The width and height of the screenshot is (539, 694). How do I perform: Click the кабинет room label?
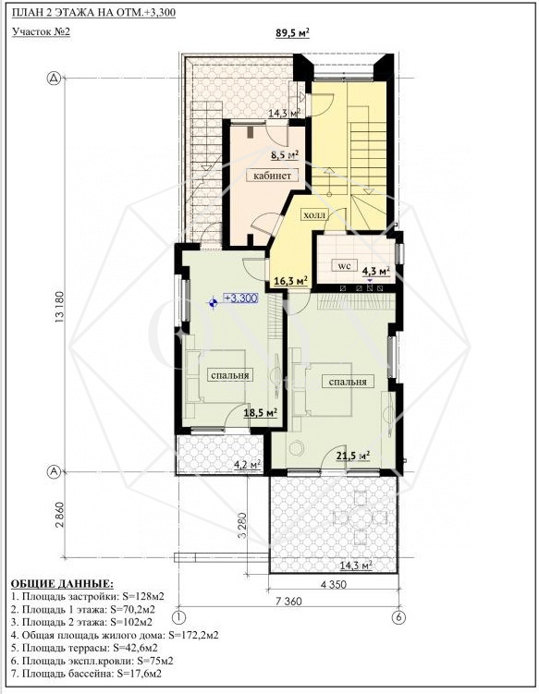tap(272, 176)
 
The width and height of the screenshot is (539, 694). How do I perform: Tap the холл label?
tap(314, 215)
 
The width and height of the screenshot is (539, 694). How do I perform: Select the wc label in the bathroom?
tap(344, 266)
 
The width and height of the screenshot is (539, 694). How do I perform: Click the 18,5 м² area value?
tap(261, 413)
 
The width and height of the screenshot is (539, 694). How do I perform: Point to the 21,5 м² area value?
tap(353, 456)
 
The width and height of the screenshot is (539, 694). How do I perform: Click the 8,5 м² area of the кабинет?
tap(285, 155)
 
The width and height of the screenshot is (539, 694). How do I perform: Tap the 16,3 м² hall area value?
tap(290, 281)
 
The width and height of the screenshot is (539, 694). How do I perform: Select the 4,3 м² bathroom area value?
tap(376, 271)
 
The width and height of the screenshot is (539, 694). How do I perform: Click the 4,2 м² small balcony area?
tap(246, 465)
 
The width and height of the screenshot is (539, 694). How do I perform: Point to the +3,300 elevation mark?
tap(240, 298)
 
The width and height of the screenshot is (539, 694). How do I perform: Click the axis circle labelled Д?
tap(54, 79)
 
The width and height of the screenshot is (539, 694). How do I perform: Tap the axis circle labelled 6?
tap(398, 617)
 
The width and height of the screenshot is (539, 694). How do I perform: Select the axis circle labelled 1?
tap(179, 617)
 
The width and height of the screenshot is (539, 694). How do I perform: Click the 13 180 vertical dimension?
tap(60, 307)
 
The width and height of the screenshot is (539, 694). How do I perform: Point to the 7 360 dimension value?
tap(288, 601)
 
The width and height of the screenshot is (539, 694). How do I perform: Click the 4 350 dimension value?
tap(333, 585)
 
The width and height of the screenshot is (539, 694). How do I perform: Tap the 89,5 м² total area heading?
tap(292, 33)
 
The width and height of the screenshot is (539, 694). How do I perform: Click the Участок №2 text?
tap(42, 31)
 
